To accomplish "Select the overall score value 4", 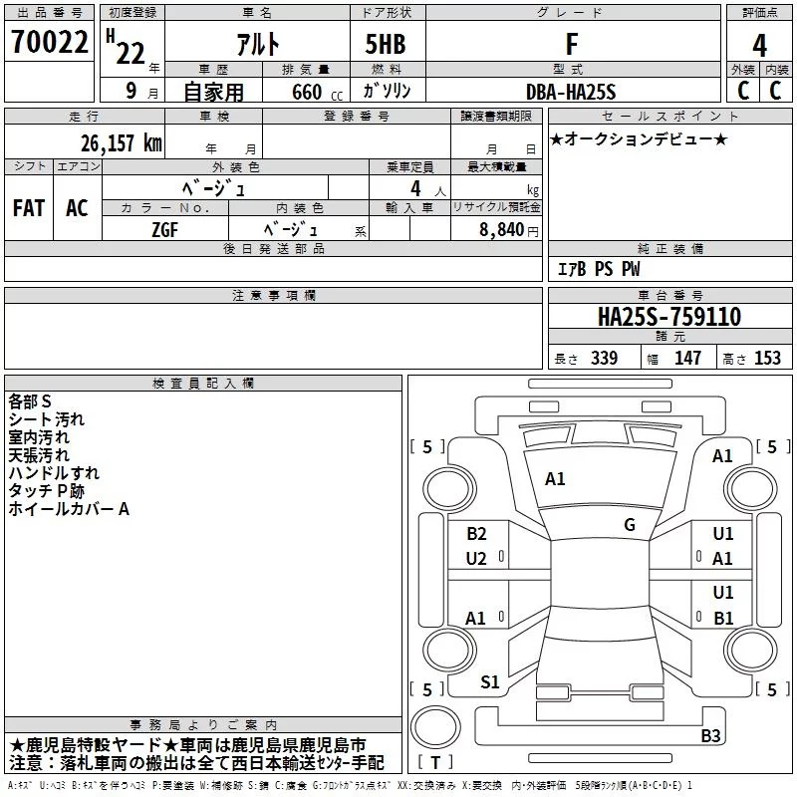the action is point(760,45).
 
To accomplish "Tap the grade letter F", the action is point(571,45).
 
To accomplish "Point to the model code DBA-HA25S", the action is point(571,91).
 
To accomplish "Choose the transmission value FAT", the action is point(28,207).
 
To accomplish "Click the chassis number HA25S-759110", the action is point(668,318).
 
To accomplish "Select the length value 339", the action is point(604,359).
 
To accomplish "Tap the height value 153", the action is point(767,359).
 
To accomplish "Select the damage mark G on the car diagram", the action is point(629,524).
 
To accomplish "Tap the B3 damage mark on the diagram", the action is point(710,736).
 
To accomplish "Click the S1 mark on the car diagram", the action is point(490,682).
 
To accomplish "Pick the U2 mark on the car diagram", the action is point(476,559).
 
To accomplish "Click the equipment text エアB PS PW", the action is point(598,269).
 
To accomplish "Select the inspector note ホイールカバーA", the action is point(69,509).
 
